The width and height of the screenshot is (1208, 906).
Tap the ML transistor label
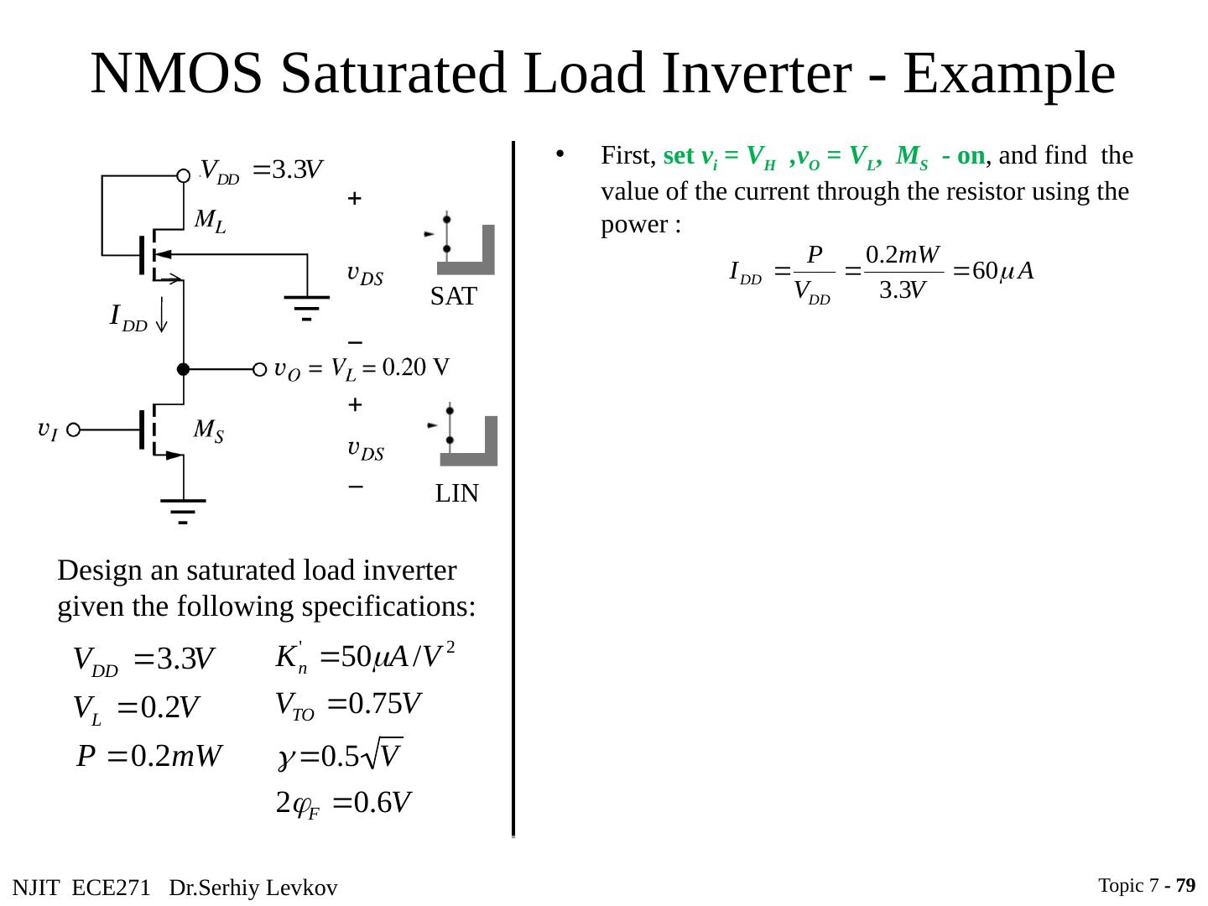click(210, 221)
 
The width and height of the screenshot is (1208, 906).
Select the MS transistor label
click(208, 430)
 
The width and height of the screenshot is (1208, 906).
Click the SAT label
click(454, 296)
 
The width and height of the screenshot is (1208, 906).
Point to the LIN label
click(457, 494)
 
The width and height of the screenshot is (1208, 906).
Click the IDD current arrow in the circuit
click(160, 315)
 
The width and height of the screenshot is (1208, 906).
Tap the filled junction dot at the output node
click(182, 369)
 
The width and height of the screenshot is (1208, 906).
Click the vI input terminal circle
click(73, 430)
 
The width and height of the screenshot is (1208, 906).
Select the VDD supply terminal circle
click(184, 175)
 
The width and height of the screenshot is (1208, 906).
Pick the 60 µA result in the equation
click(1002, 272)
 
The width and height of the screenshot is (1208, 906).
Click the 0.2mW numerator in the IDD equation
click(903, 253)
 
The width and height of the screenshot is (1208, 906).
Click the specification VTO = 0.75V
click(348, 705)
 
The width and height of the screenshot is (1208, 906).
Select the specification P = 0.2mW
click(148, 757)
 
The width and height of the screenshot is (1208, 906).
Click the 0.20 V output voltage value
click(416, 367)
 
